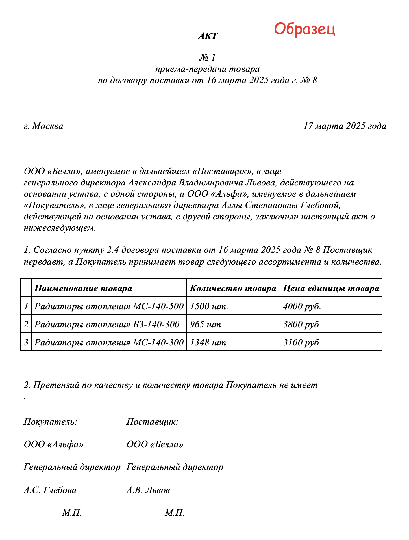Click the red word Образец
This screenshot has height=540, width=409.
pyautogui.click(x=304, y=29)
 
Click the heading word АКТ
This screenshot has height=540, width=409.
pyautogui.click(x=208, y=36)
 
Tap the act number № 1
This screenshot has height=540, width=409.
pyautogui.click(x=208, y=57)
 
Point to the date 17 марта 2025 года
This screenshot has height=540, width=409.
pyautogui.click(x=345, y=126)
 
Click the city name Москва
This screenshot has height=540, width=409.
pyautogui.click(x=47, y=126)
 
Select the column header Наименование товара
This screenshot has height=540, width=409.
pyautogui.click(x=83, y=288)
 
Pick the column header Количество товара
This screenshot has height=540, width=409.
pyautogui.click(x=233, y=288)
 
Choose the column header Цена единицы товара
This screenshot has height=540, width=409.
pyautogui.click(x=331, y=288)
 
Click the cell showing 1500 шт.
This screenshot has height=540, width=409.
pyautogui.click(x=209, y=306)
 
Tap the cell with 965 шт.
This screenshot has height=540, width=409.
pyautogui.click(x=206, y=324)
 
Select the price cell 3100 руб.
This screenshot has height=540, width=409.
pyautogui.click(x=302, y=342)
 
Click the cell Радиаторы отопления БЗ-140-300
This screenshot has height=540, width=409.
pyautogui.click(x=107, y=324)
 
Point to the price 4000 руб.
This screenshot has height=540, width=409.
pyautogui.click(x=302, y=306)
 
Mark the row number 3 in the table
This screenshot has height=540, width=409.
pyautogui.click(x=26, y=342)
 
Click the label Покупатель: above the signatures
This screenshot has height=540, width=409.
pyautogui.click(x=50, y=422)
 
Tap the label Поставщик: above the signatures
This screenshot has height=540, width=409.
pyautogui.click(x=152, y=422)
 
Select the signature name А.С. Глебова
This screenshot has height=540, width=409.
pyautogui.click(x=50, y=490)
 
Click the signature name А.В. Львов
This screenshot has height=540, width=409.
pyautogui.click(x=148, y=490)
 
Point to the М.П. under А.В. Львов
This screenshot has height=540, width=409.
pyautogui.click(x=175, y=513)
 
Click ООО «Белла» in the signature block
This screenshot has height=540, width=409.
pyautogui.click(x=155, y=444)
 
